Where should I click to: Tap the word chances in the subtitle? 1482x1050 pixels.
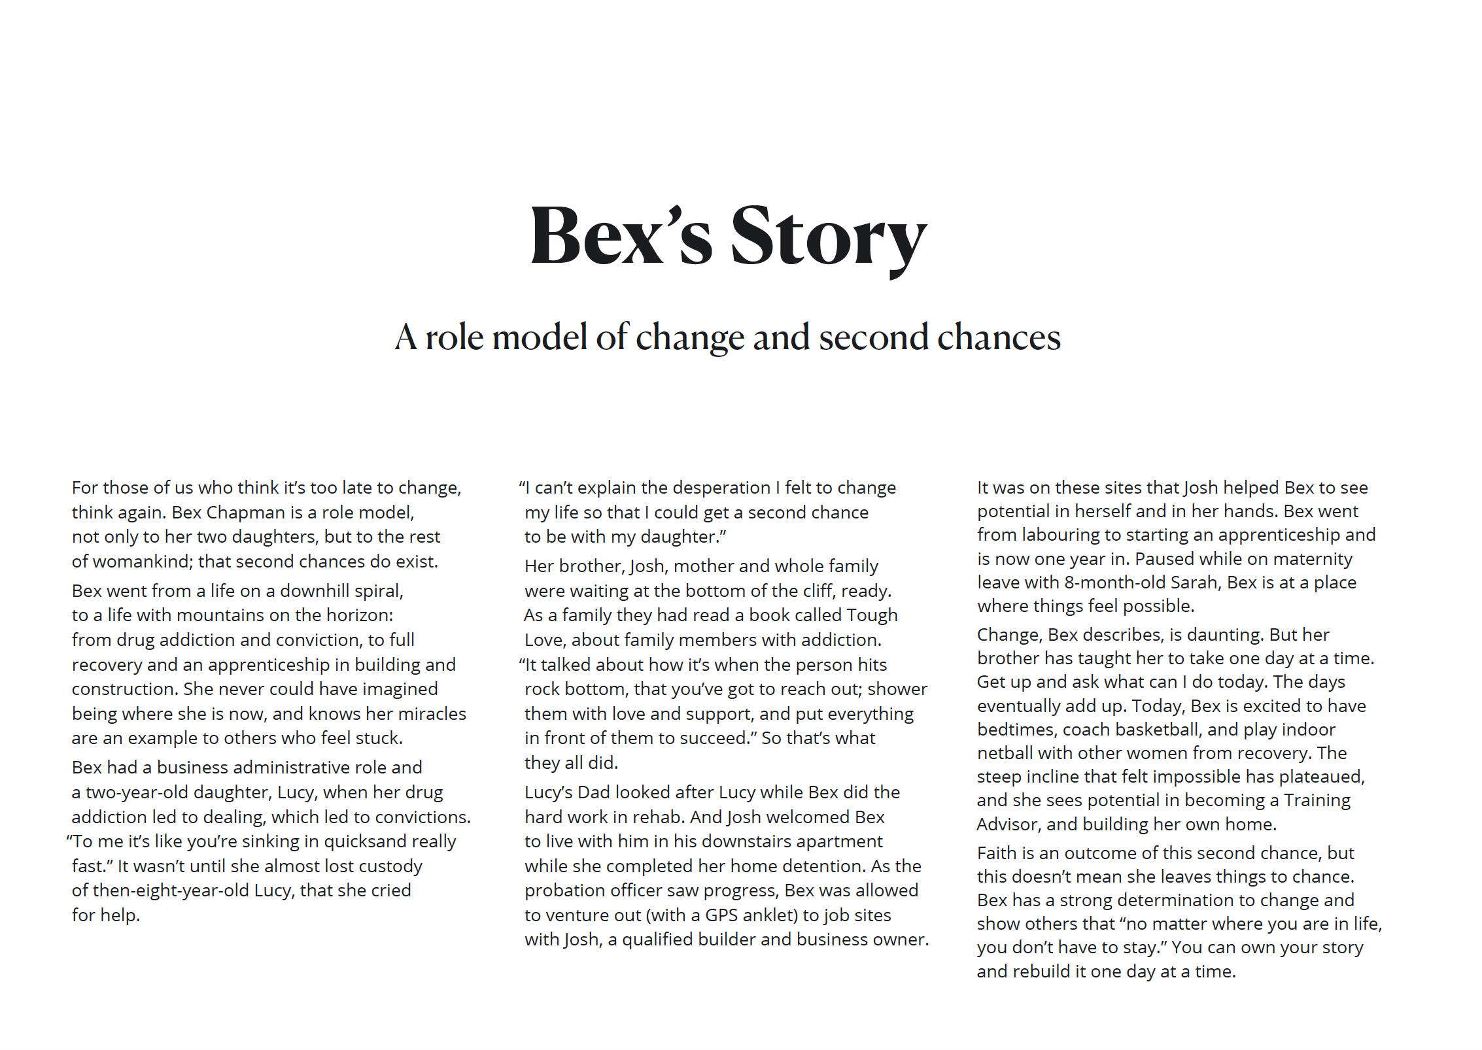tap(999, 337)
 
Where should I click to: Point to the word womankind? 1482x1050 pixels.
tap(131, 561)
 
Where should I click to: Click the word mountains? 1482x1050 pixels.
tap(222, 615)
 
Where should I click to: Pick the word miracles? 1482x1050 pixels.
tap(428, 713)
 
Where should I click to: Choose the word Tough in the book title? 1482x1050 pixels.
tap(872, 615)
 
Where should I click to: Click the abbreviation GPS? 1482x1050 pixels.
tap(723, 915)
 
